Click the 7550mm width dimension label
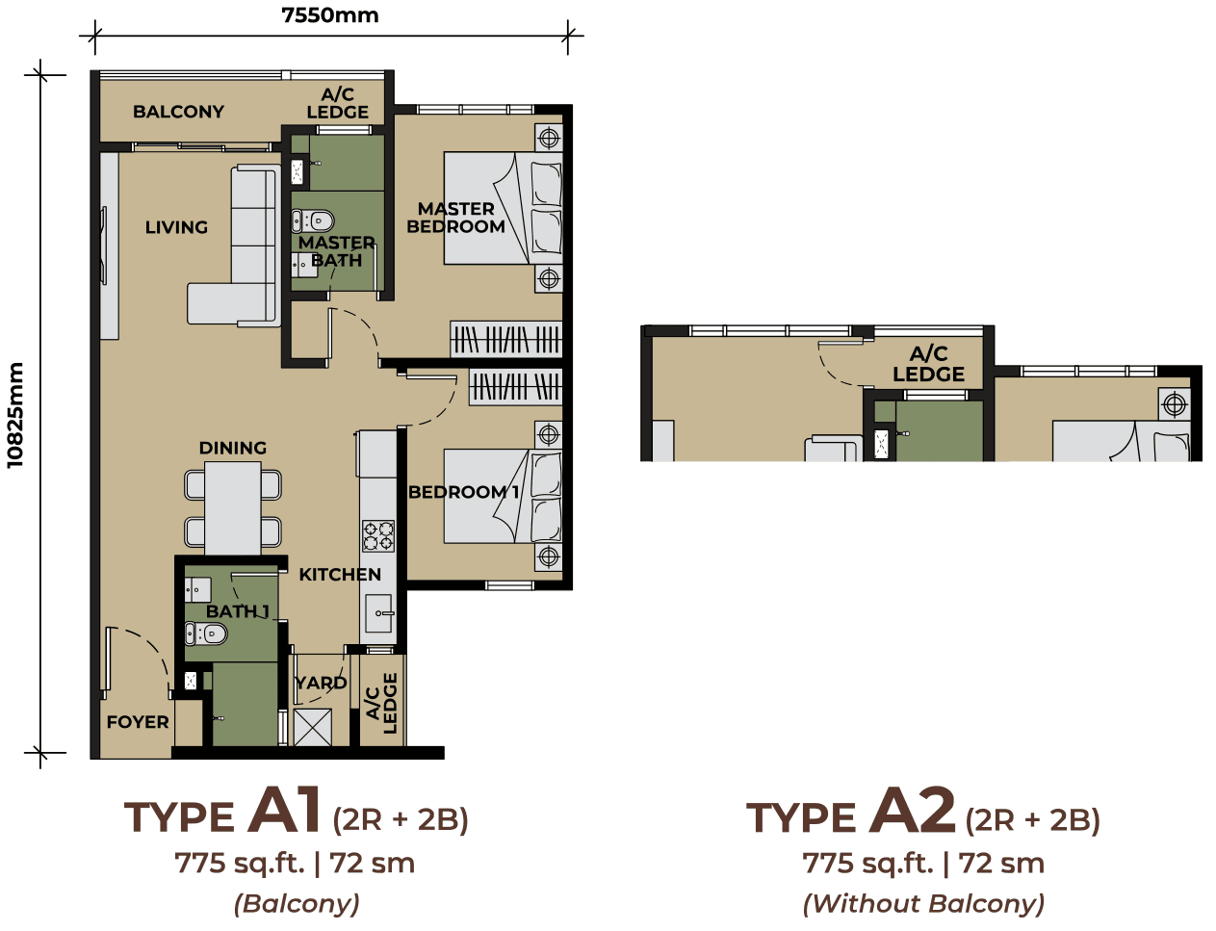(x=329, y=15)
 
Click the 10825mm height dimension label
(x=14, y=415)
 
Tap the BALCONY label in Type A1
(x=178, y=112)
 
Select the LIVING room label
(x=176, y=227)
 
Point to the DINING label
(x=233, y=448)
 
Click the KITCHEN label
(x=340, y=575)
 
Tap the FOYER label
(x=138, y=722)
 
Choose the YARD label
(x=321, y=683)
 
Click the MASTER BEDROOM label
(x=455, y=218)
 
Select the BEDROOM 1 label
(x=463, y=492)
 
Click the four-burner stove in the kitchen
(x=377, y=535)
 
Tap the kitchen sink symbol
(x=378, y=612)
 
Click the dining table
(x=233, y=508)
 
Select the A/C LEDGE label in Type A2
(x=928, y=364)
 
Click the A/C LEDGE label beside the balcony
(x=337, y=103)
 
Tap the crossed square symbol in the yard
(x=313, y=727)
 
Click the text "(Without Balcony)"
(x=923, y=904)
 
